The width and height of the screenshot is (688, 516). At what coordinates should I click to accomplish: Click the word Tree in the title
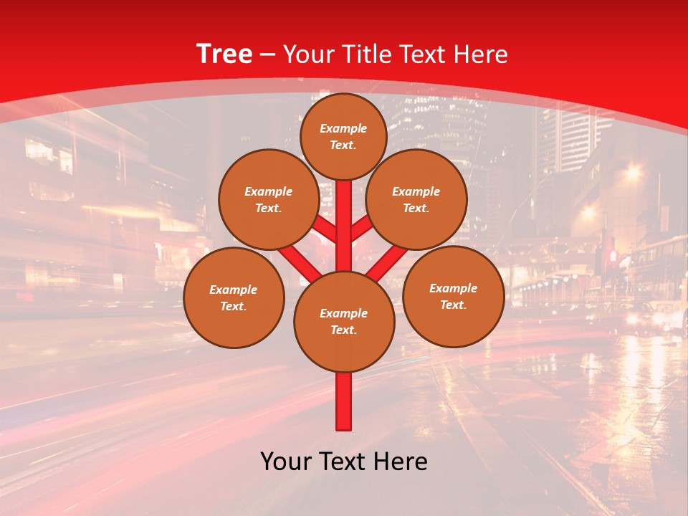[x=224, y=54]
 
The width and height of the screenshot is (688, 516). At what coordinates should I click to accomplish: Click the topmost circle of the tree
[x=343, y=136]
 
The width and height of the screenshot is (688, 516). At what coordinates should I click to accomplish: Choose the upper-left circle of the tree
[x=269, y=199]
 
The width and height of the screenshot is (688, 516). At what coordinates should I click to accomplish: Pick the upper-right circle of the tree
[x=416, y=199]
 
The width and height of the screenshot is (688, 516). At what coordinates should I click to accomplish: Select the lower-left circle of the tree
[x=234, y=297]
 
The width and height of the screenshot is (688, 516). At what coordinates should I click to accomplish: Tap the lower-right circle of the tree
[x=453, y=296]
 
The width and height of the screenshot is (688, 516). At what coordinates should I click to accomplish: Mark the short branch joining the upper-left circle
[x=324, y=229]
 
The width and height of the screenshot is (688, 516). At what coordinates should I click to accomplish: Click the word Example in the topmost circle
[x=343, y=128]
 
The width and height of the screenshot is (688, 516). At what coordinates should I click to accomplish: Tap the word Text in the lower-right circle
[x=453, y=305]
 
